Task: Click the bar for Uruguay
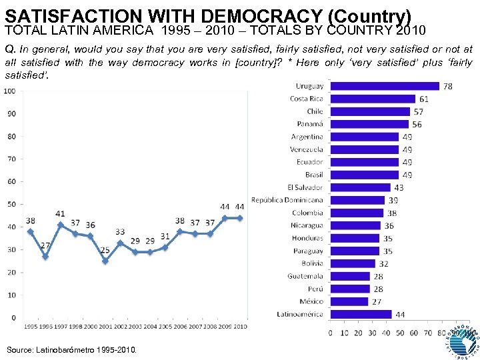385,86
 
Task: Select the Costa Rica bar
373,99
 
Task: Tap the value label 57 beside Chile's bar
419,111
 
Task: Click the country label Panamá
309,124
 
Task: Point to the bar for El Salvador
360,187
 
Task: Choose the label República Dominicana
287,200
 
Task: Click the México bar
349,301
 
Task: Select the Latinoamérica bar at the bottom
361,314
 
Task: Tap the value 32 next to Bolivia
384,263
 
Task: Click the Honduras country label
307,238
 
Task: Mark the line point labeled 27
45,256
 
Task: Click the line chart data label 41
60,214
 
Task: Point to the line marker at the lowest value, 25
105,261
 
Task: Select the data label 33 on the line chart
120,232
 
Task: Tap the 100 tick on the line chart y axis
10,91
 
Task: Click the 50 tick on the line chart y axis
11,204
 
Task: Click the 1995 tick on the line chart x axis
31,326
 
